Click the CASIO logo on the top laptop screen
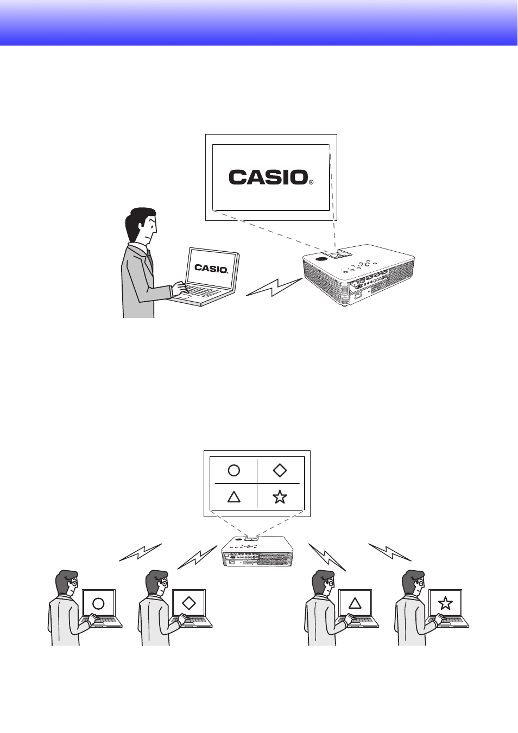(211, 269)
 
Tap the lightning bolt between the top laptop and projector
(274, 288)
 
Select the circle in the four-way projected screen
(234, 470)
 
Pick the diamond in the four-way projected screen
(280, 470)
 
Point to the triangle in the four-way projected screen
(234, 496)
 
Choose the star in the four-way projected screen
(280, 496)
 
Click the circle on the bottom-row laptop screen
(98, 603)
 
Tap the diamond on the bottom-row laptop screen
(188, 603)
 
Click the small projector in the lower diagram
(257, 551)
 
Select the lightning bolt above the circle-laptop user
(141, 552)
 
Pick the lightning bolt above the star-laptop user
(390, 552)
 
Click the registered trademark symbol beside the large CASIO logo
(311, 182)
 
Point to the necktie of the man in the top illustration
(150, 258)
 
